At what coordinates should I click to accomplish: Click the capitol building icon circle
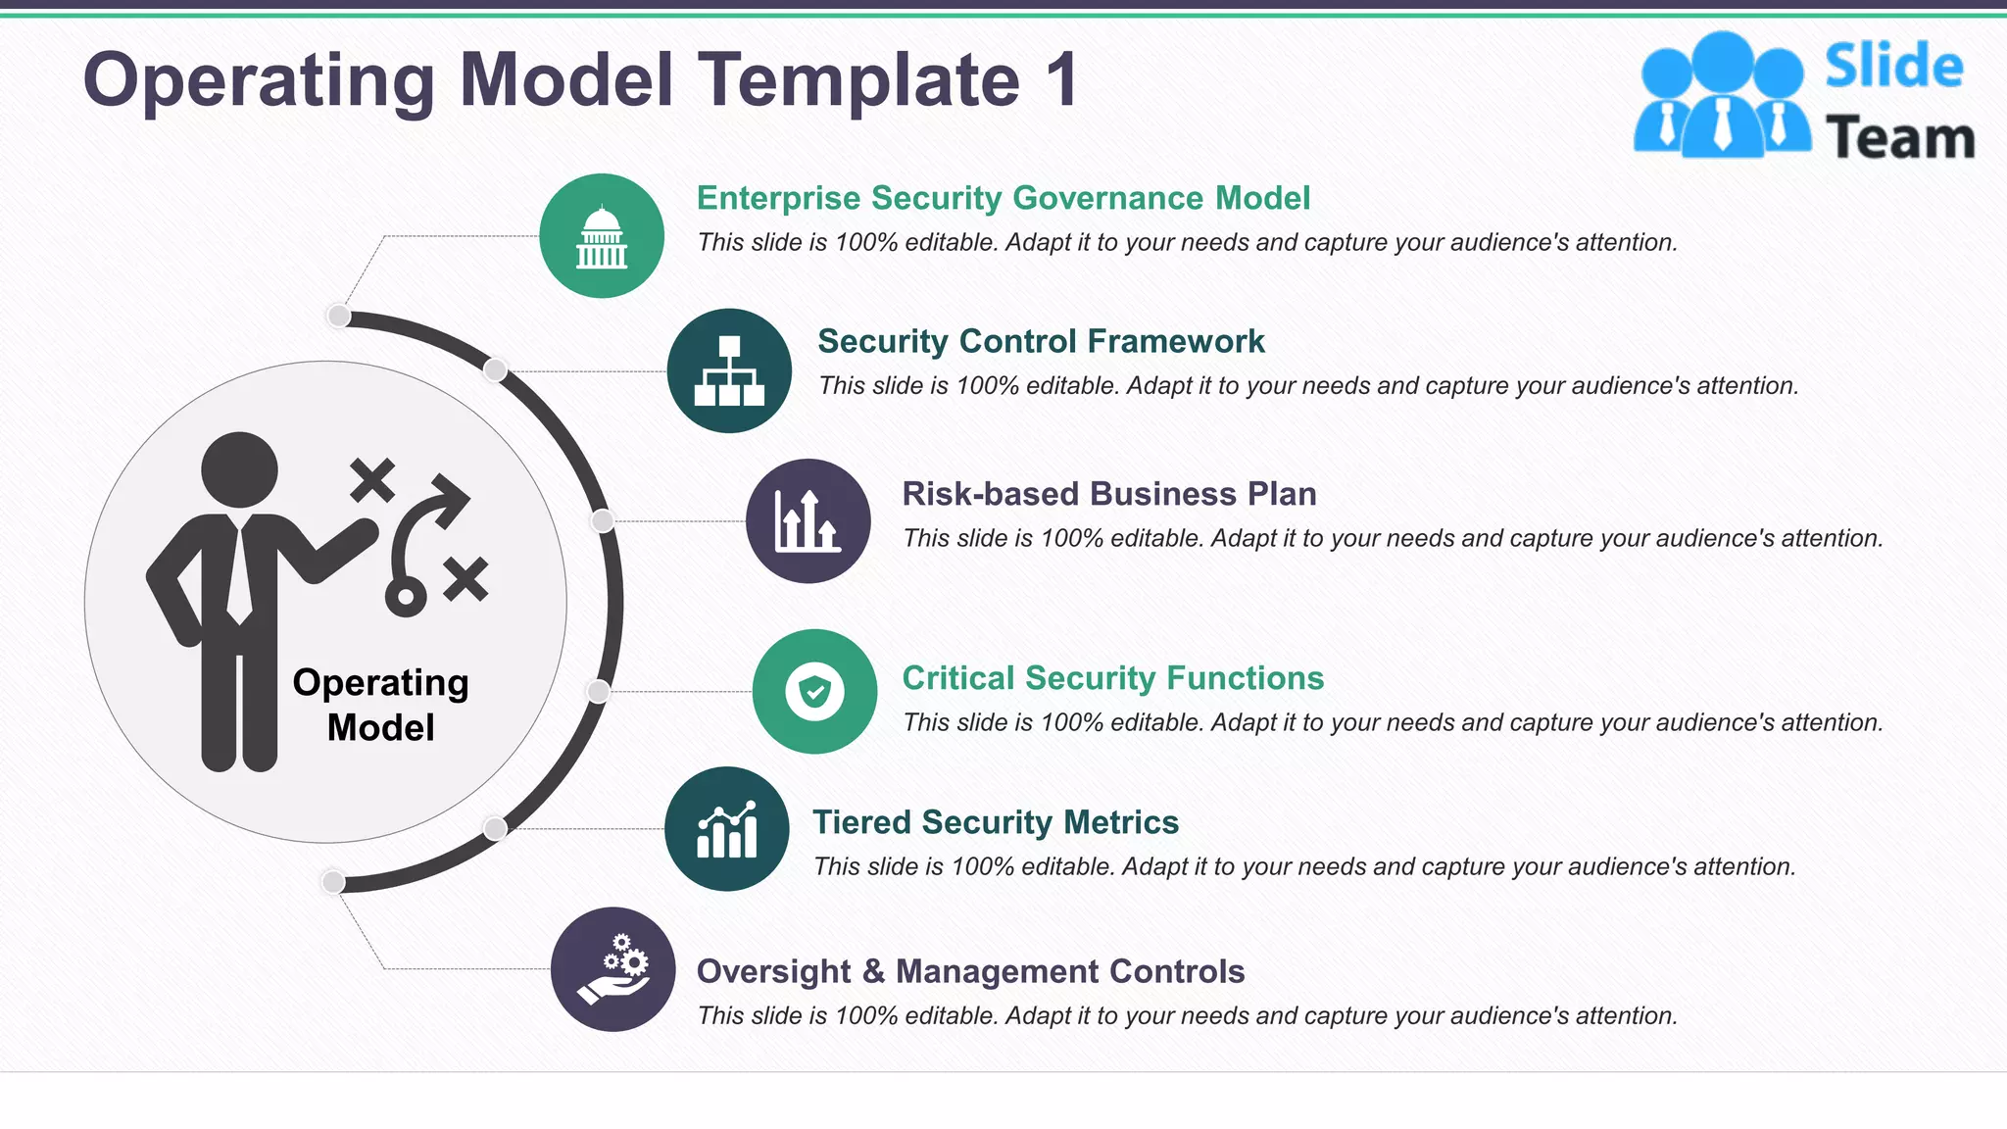601,236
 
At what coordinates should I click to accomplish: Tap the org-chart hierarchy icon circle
729,370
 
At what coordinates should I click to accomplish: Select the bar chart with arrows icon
808,521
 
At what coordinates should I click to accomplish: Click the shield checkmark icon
814,691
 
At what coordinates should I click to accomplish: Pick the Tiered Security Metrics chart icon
726,829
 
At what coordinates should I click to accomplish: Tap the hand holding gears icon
612,969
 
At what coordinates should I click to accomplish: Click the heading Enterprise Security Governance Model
1003,198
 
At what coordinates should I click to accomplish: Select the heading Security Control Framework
1041,341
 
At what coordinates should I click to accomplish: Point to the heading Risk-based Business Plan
1108,494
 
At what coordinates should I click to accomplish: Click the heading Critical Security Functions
1112,678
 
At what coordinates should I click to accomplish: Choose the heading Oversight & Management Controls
970,971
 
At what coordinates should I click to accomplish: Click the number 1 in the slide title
1061,80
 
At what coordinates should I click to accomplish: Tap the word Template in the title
858,80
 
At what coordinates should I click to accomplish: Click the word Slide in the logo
1893,67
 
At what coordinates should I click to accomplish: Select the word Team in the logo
1899,138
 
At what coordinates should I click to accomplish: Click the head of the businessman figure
239,469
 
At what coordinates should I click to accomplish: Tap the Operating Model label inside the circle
380,705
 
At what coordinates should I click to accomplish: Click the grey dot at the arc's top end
338,316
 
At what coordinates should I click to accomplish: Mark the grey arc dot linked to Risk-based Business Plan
603,521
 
